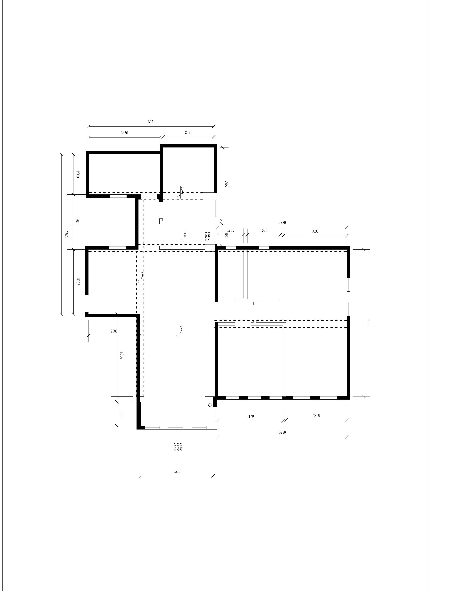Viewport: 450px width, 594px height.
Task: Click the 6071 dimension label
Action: pos(151,122)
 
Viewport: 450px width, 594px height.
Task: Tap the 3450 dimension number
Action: pos(124,133)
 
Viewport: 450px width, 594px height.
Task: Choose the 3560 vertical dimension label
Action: pos(227,184)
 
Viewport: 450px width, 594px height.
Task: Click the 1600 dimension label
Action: pos(264,230)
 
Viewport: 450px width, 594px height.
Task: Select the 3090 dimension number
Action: pos(315,231)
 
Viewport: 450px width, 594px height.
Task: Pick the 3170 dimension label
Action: pos(250,416)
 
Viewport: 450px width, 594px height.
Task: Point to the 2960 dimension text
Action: pos(316,415)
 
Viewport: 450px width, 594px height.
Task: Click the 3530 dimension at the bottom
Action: pos(177,471)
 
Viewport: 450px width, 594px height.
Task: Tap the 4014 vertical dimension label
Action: pos(121,356)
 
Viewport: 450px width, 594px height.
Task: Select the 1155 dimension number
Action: pos(121,414)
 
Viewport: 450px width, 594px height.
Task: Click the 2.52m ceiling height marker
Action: pos(180,329)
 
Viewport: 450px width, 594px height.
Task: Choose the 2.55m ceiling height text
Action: pos(185,233)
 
